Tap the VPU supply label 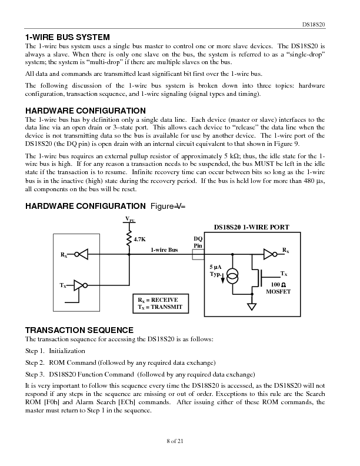coord(129,220)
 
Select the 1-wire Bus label coord(164,250)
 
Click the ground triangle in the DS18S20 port coord(252,307)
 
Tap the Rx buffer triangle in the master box coord(83,255)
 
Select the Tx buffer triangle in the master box coord(80,285)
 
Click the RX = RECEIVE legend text coord(158,300)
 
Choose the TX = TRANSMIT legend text coord(159,308)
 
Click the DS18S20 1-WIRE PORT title coord(255,228)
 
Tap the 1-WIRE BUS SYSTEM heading coord(72,37)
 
